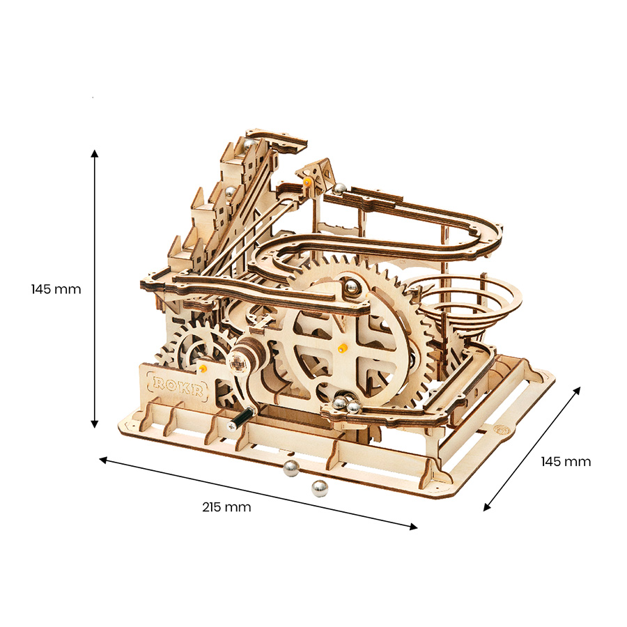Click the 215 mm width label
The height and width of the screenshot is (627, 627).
pyautogui.click(x=226, y=507)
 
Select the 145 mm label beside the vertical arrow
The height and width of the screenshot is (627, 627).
pyautogui.click(x=56, y=289)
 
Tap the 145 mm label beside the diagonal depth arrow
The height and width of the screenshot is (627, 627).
pyautogui.click(x=566, y=461)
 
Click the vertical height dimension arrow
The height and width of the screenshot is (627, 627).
pyautogui.click(x=94, y=288)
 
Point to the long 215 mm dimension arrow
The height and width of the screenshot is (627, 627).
pyautogui.click(x=258, y=493)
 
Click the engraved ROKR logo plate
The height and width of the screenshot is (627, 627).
pyautogui.click(x=177, y=385)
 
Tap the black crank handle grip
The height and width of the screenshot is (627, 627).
pyautogui.click(x=242, y=418)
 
